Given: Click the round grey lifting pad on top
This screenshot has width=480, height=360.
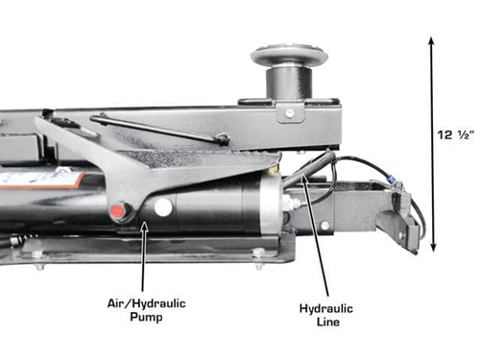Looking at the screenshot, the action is point(289,56).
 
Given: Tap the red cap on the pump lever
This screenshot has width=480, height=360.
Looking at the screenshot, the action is point(117,210).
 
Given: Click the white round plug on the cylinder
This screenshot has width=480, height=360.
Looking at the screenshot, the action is point(163,207).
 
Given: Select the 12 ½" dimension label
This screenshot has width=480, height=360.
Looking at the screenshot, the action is point(455,134).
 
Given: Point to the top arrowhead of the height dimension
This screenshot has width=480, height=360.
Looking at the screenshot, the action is point(431,41).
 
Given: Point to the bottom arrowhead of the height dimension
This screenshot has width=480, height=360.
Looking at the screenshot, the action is point(433,247).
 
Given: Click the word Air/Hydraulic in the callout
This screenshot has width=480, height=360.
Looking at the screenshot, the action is point(147,303).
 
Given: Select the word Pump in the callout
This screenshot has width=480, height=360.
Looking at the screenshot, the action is point(146,318).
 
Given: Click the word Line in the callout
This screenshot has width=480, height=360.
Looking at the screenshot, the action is point(328,322).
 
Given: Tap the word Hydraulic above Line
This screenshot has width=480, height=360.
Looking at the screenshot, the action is point(326,308).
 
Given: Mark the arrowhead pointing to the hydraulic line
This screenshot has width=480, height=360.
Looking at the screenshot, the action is point(304,178).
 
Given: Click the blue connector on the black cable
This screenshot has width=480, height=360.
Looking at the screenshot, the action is point(391,177).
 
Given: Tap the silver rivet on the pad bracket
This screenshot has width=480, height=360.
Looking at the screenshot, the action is point(289,112).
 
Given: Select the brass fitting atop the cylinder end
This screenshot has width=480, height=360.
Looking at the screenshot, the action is point(273,169).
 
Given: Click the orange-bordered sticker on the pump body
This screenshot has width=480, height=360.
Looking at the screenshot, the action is point(41,180).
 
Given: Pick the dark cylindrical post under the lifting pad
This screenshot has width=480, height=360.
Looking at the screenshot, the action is point(289,84).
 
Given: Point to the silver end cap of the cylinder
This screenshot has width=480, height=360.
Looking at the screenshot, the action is point(272,204).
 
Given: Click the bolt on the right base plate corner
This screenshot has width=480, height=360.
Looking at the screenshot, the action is point(258,253).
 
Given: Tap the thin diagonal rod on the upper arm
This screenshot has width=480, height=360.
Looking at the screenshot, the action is point(160,129).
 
